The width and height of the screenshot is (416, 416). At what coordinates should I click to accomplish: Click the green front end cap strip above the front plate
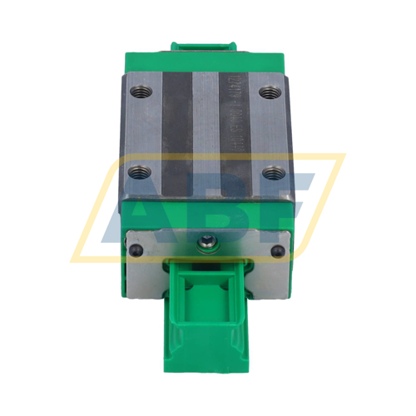(207, 213)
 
